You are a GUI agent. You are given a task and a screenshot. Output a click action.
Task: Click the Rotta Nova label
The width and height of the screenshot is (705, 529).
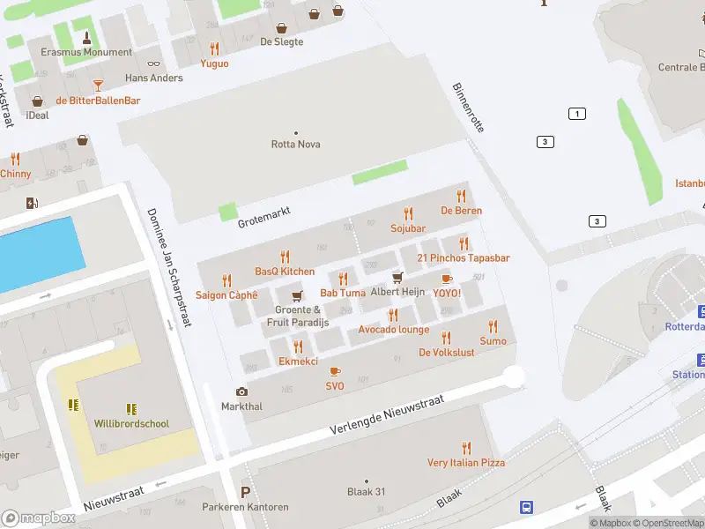tap(295, 144)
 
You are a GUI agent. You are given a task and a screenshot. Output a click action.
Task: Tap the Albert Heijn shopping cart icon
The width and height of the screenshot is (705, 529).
tap(397, 278)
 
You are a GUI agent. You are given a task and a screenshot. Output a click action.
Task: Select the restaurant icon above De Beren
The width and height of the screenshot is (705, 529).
tap(461, 196)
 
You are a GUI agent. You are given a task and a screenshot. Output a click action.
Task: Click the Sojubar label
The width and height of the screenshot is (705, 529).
tap(408, 228)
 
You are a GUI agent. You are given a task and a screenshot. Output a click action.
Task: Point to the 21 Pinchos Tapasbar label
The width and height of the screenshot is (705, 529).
tap(464, 258)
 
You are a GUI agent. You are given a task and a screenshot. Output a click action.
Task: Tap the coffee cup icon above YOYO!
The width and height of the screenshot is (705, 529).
tap(447, 279)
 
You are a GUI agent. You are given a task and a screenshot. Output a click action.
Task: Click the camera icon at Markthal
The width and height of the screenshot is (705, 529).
tap(241, 391)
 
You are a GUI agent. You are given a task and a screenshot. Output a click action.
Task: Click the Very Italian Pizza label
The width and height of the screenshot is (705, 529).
tap(466, 462)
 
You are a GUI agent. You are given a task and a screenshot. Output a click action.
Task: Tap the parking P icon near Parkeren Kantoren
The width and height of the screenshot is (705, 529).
tap(245, 492)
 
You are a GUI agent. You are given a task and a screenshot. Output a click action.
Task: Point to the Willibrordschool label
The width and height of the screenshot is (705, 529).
tap(131, 423)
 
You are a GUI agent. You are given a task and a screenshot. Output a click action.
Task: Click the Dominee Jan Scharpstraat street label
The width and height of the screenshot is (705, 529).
tap(169, 267)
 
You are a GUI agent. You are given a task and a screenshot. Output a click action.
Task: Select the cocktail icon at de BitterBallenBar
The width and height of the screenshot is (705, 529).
tap(98, 86)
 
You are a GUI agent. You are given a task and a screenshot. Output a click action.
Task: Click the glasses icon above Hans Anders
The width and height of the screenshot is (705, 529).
tap(154, 63)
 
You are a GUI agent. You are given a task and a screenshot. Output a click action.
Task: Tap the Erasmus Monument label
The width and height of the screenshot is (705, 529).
tap(86, 52)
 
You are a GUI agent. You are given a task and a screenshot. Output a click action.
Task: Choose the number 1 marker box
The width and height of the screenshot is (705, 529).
tap(577, 114)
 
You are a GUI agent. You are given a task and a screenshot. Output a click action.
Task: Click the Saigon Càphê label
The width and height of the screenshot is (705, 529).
tap(226, 295)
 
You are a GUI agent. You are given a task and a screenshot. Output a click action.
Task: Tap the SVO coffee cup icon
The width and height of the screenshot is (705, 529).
tap(335, 371)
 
